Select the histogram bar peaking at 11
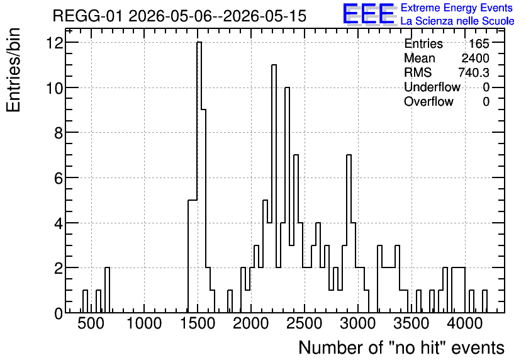tap(274, 189)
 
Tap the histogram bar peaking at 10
tap(287, 200)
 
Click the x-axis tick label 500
tap(91, 323)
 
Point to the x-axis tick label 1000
tap(144, 323)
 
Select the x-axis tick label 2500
tap(305, 323)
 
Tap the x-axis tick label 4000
tap(465, 323)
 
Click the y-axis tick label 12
tap(55, 43)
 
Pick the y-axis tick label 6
tap(59, 178)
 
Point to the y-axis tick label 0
tap(59, 313)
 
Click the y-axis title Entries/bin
tap(13, 70)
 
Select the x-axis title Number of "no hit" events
tap(401, 347)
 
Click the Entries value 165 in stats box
tap(479, 43)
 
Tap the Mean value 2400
tap(475, 58)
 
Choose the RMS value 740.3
tap(474, 72)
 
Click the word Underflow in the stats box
tap(432, 87)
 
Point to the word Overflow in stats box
tap(428, 101)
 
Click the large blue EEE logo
tap(370, 14)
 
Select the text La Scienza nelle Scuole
tap(457, 21)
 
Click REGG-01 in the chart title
tap(88, 16)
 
